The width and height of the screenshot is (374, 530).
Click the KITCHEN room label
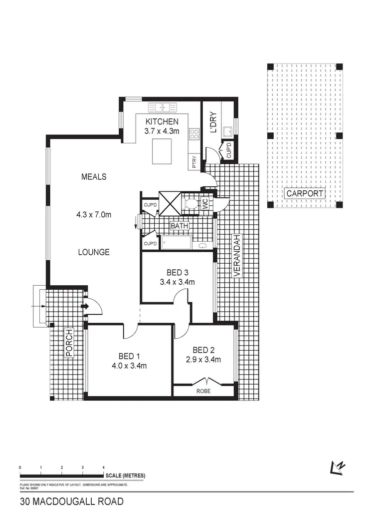point(161,121)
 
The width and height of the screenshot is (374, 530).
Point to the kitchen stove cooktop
point(193,133)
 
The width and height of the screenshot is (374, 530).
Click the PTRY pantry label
point(193,163)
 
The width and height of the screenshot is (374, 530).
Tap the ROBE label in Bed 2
point(203,392)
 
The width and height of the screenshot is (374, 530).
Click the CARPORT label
point(304,193)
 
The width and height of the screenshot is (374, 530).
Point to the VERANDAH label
point(237,255)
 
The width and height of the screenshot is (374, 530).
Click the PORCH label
point(69,343)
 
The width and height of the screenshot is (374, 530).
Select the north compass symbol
point(338,466)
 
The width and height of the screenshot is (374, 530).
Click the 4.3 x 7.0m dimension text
point(93,215)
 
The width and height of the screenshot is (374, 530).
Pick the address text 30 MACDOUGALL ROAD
point(71,502)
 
